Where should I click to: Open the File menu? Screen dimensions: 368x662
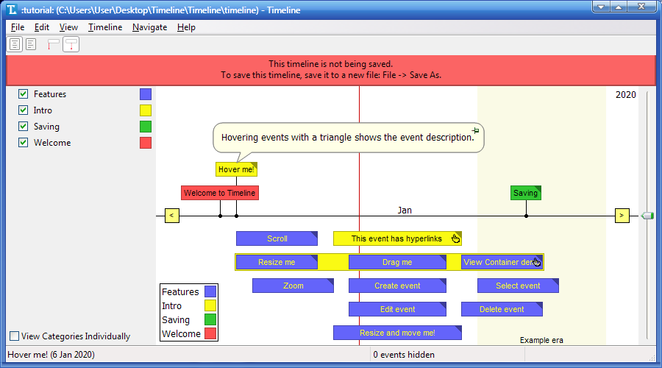pos(18,27)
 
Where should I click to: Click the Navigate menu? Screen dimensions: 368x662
pos(149,27)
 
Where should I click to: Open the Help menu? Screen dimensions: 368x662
pos(186,27)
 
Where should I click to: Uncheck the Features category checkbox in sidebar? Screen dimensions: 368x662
pos(24,94)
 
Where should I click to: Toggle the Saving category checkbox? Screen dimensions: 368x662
pos(24,127)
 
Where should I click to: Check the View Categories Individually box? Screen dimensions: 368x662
pos(15,336)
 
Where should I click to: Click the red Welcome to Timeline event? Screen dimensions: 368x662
pos(219,193)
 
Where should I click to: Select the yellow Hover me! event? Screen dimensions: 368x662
pos(236,169)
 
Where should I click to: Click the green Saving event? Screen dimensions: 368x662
pos(525,193)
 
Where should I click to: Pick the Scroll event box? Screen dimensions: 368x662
pos(277,238)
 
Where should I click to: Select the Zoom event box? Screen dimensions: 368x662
pos(293,286)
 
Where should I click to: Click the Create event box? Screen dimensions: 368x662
pos(397,286)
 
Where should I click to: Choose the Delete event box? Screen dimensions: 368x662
pos(502,309)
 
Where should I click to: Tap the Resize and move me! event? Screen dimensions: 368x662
pos(397,333)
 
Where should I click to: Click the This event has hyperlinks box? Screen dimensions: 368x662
pos(396,238)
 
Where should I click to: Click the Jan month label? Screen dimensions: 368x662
pos(405,210)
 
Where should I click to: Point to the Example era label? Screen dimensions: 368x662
pos(541,340)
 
